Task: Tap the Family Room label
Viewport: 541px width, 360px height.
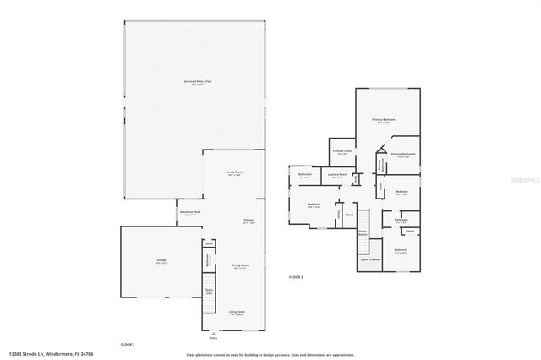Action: [x=233, y=173]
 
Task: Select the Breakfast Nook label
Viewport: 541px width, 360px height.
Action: [x=190, y=214]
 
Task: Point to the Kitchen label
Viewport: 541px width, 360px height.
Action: [x=249, y=221]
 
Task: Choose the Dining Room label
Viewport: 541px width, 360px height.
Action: [x=240, y=266]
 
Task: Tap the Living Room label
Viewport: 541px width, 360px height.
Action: [x=236, y=313]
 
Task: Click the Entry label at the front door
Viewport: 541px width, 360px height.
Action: [x=213, y=337]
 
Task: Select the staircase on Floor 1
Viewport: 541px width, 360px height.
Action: [x=209, y=296]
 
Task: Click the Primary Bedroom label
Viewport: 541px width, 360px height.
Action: [x=384, y=122]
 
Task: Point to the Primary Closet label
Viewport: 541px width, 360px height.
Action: [x=343, y=153]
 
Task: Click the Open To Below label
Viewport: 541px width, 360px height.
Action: [x=370, y=260]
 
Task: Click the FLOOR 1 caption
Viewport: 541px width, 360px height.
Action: [x=128, y=344]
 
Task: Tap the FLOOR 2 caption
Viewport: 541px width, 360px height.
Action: [x=296, y=277]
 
